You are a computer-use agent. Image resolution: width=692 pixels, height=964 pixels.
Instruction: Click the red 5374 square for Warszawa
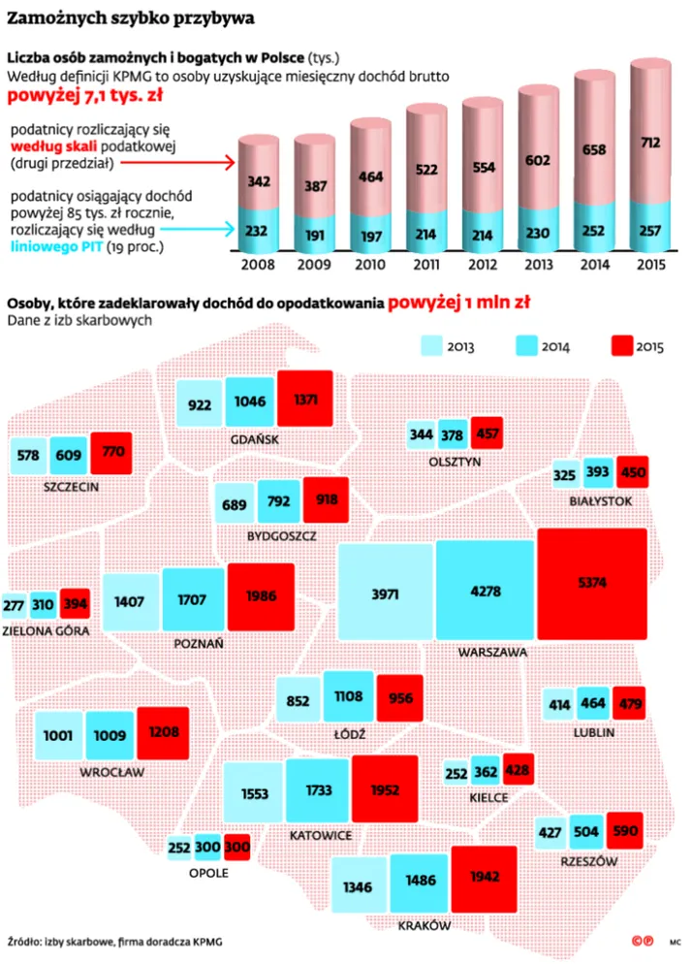coord(591,584)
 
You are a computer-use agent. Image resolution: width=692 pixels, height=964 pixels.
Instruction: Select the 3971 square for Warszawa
coord(386,593)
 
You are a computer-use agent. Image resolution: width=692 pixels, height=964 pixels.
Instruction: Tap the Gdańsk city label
coord(255,439)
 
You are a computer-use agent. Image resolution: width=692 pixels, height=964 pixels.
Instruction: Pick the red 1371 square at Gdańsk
coord(305,399)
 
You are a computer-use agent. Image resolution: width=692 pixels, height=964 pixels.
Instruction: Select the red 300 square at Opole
coord(237,847)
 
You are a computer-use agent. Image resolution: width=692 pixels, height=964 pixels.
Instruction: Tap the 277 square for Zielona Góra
coord(14,605)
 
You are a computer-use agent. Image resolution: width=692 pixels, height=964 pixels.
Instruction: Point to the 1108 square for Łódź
coord(348,696)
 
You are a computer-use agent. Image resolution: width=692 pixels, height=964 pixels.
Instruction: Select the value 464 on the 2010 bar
coord(369,178)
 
